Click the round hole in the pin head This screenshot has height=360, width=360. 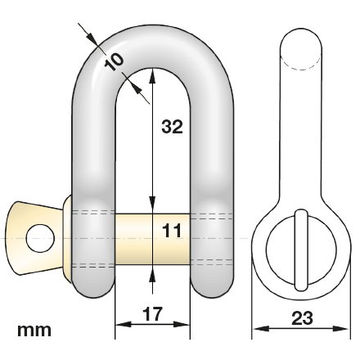(38, 237)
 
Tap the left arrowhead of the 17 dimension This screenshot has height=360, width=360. (119, 325)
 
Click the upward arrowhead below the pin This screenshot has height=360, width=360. (152, 272)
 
